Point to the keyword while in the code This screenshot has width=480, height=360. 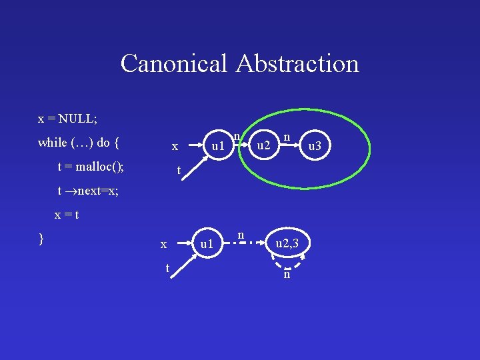click(x=53, y=142)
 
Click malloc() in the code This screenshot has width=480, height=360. click(x=104, y=167)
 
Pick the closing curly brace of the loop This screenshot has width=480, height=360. click(x=41, y=239)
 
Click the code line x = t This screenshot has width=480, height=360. click(x=67, y=215)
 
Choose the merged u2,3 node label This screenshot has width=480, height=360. click(x=291, y=245)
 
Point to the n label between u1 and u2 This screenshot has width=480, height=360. click(x=237, y=137)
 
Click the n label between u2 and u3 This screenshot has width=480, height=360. click(x=287, y=137)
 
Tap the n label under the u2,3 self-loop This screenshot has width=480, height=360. click(x=286, y=275)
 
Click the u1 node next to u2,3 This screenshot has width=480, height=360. click(x=207, y=245)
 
